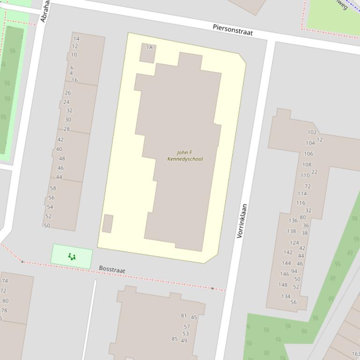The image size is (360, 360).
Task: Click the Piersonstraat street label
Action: [x=233, y=30]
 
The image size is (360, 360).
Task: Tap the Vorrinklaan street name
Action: [x=242, y=221]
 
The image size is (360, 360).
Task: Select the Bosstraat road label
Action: [x=112, y=270]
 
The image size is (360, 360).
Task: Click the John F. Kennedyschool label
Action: [x=185, y=156]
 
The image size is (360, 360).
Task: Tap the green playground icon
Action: [x=72, y=256]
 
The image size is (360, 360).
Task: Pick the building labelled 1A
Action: [x=147, y=53]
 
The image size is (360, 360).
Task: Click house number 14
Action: [x=76, y=39]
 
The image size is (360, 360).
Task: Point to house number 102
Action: [x=312, y=132]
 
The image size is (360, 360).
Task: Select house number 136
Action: [x=293, y=221]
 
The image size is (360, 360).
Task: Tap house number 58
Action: [x=52, y=188]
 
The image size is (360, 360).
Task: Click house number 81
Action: [x=184, y=316]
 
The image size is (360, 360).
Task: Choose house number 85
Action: [x=175, y=339]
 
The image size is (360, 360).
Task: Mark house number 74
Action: [x=5, y=281]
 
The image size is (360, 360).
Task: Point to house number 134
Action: [x=286, y=296]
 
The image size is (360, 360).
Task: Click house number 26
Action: [x=68, y=93]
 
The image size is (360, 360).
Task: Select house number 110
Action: [x=305, y=175]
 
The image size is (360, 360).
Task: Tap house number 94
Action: [x=294, y=271]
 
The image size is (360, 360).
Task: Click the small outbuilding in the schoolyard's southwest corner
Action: [x=108, y=223]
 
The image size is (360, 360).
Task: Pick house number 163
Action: [x=355, y=354]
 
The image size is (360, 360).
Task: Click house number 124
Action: [x=294, y=243]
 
